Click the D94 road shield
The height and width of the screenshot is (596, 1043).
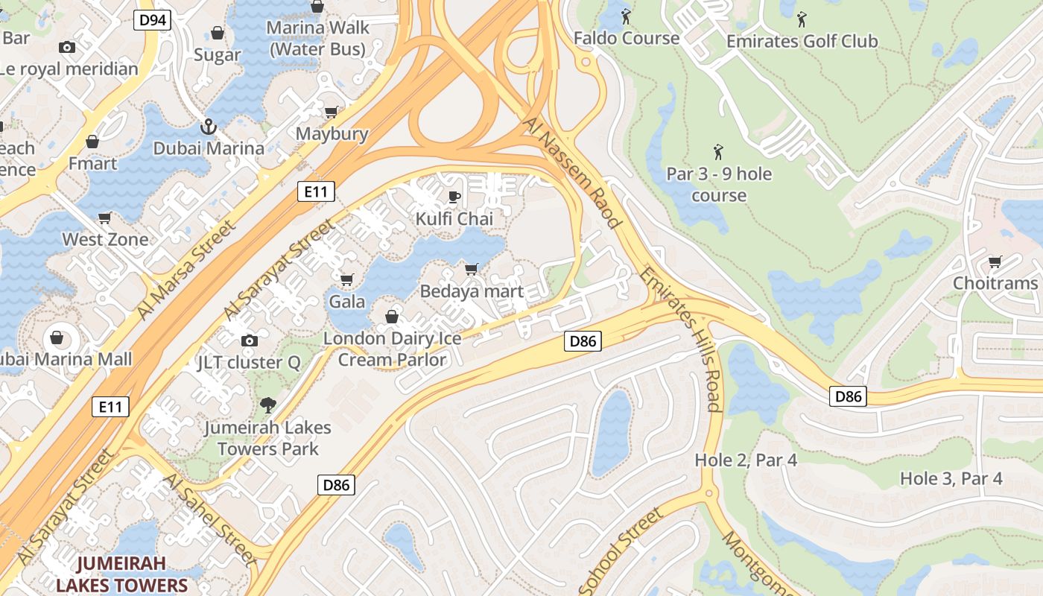(x=153, y=20)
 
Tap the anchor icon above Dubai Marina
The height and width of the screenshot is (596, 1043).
(x=209, y=127)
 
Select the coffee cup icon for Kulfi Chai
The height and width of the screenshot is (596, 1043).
(x=454, y=197)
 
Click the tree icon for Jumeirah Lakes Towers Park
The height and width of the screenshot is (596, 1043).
(x=267, y=405)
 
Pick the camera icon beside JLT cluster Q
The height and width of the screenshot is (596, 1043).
(x=250, y=340)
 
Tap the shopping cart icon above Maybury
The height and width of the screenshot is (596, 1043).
(x=332, y=112)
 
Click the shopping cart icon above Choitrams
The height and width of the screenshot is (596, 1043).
(x=995, y=261)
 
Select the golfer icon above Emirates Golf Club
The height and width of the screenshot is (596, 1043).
(x=802, y=19)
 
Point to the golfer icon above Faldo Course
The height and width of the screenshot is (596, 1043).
(x=626, y=16)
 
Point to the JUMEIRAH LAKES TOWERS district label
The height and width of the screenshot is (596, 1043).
(x=121, y=574)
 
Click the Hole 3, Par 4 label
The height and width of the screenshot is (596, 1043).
(x=951, y=478)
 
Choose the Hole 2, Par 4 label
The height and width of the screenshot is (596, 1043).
(x=746, y=460)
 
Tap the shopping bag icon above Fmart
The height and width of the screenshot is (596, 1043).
(x=92, y=142)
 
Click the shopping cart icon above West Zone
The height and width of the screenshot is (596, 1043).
(x=105, y=218)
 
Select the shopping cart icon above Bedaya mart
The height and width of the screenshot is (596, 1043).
(x=471, y=269)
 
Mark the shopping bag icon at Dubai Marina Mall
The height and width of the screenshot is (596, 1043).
(x=57, y=337)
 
